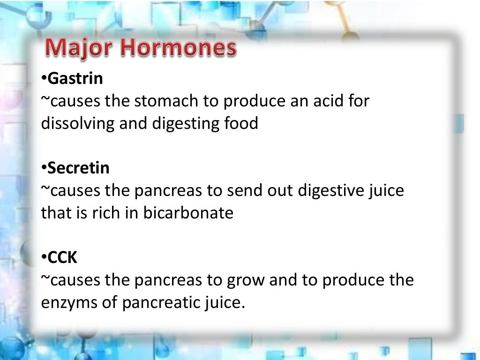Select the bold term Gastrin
[75, 79]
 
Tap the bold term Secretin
[78, 168]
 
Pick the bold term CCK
[63, 257]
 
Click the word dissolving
[75, 124]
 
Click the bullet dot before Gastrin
[44, 79]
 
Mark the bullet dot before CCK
[44, 257]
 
